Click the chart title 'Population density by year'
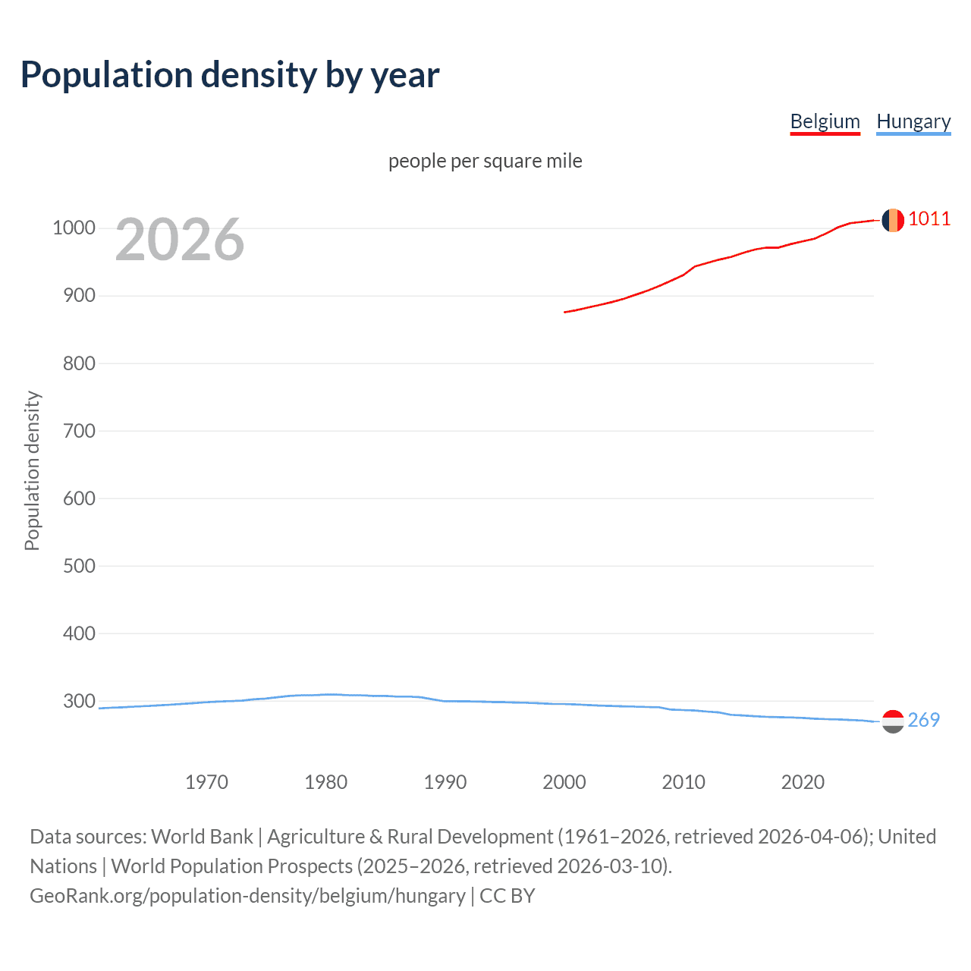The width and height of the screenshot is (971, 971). click(230, 75)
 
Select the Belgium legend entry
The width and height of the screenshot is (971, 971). click(825, 121)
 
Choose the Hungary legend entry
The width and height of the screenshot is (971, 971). click(913, 121)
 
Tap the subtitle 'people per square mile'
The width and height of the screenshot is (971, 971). click(485, 161)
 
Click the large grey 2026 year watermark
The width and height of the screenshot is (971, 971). click(180, 240)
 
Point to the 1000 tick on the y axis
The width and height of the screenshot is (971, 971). click(74, 228)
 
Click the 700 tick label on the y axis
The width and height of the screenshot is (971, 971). click(78, 431)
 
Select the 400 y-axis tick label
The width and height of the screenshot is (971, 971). click(78, 633)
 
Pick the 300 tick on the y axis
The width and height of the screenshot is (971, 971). click(78, 701)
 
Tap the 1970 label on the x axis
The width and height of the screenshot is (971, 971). click(206, 782)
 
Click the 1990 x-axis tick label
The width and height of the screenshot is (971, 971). click(445, 782)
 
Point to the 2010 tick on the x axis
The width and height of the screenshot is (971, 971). click(683, 782)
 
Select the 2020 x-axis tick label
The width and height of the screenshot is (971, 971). click(803, 782)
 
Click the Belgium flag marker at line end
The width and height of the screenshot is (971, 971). click(893, 220)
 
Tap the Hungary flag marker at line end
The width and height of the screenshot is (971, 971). click(893, 721)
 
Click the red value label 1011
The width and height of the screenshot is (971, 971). click(929, 219)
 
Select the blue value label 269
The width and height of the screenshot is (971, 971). click(923, 720)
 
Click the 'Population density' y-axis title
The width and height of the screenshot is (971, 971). click(32, 470)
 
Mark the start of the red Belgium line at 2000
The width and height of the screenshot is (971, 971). click(565, 312)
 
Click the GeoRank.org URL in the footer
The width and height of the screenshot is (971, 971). click(247, 896)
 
